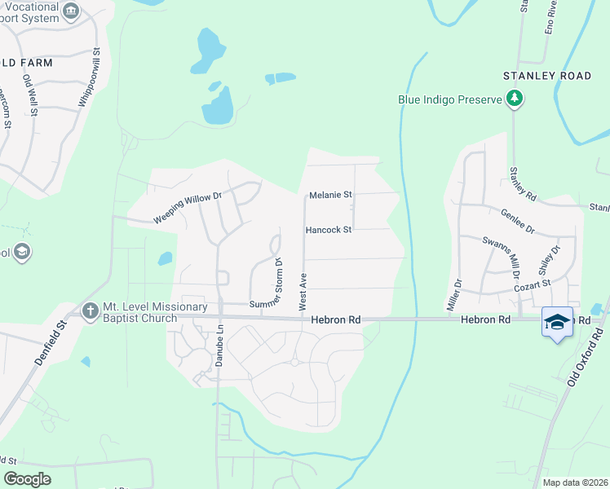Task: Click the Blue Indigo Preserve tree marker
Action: pos(514,99)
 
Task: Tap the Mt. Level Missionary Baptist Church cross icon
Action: pos(91,310)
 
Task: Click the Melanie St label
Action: pos(330,196)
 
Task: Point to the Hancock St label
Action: pos(328,230)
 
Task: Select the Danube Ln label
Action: pos(219,347)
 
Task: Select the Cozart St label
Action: pos(532,287)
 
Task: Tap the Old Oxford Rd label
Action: pos(585,359)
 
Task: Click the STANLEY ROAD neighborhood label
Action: pos(546,76)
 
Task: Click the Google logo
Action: pos(27,478)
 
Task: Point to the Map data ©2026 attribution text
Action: pos(574,482)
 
